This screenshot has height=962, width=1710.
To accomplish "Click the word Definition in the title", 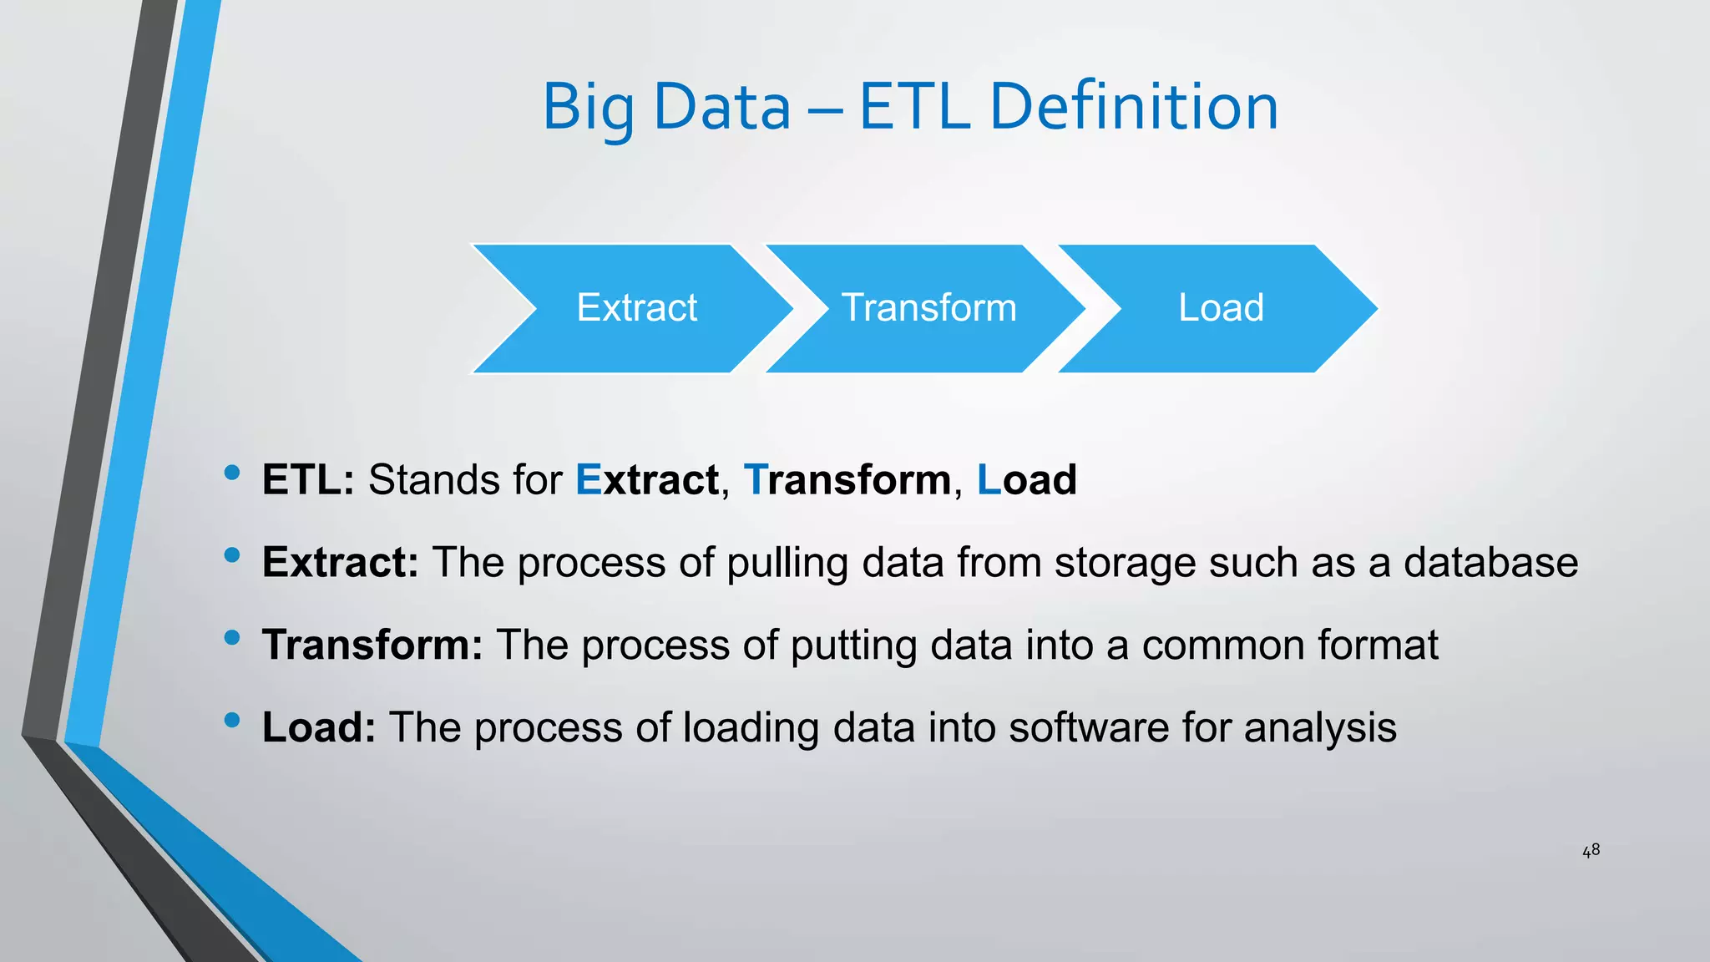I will [x=1134, y=107].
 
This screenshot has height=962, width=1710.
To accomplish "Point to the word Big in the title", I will [x=588, y=109].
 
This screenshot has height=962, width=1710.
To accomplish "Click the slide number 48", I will [x=1591, y=850].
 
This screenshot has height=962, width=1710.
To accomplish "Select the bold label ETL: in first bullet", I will [x=308, y=480].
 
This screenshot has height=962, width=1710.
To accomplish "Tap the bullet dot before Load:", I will [x=232, y=720].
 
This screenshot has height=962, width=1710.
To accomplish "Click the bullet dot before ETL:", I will [x=232, y=473].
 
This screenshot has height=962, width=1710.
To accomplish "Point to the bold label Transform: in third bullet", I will [x=372, y=645].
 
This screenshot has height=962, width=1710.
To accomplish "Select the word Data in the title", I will [x=721, y=107].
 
